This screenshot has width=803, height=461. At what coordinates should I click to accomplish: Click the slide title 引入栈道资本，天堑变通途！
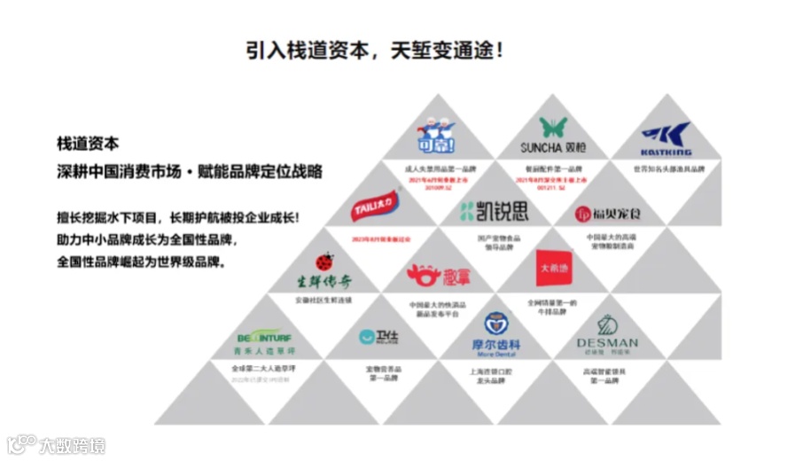coord(377,50)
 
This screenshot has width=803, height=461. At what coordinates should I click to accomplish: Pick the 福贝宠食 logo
coord(608,214)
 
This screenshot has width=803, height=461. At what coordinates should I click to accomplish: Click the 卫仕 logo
coord(378,337)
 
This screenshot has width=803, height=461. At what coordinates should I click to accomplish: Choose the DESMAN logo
coord(607,334)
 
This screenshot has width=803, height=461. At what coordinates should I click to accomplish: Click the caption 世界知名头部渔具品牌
coord(667,168)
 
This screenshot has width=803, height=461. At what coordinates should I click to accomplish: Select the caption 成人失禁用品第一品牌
coord(440,168)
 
